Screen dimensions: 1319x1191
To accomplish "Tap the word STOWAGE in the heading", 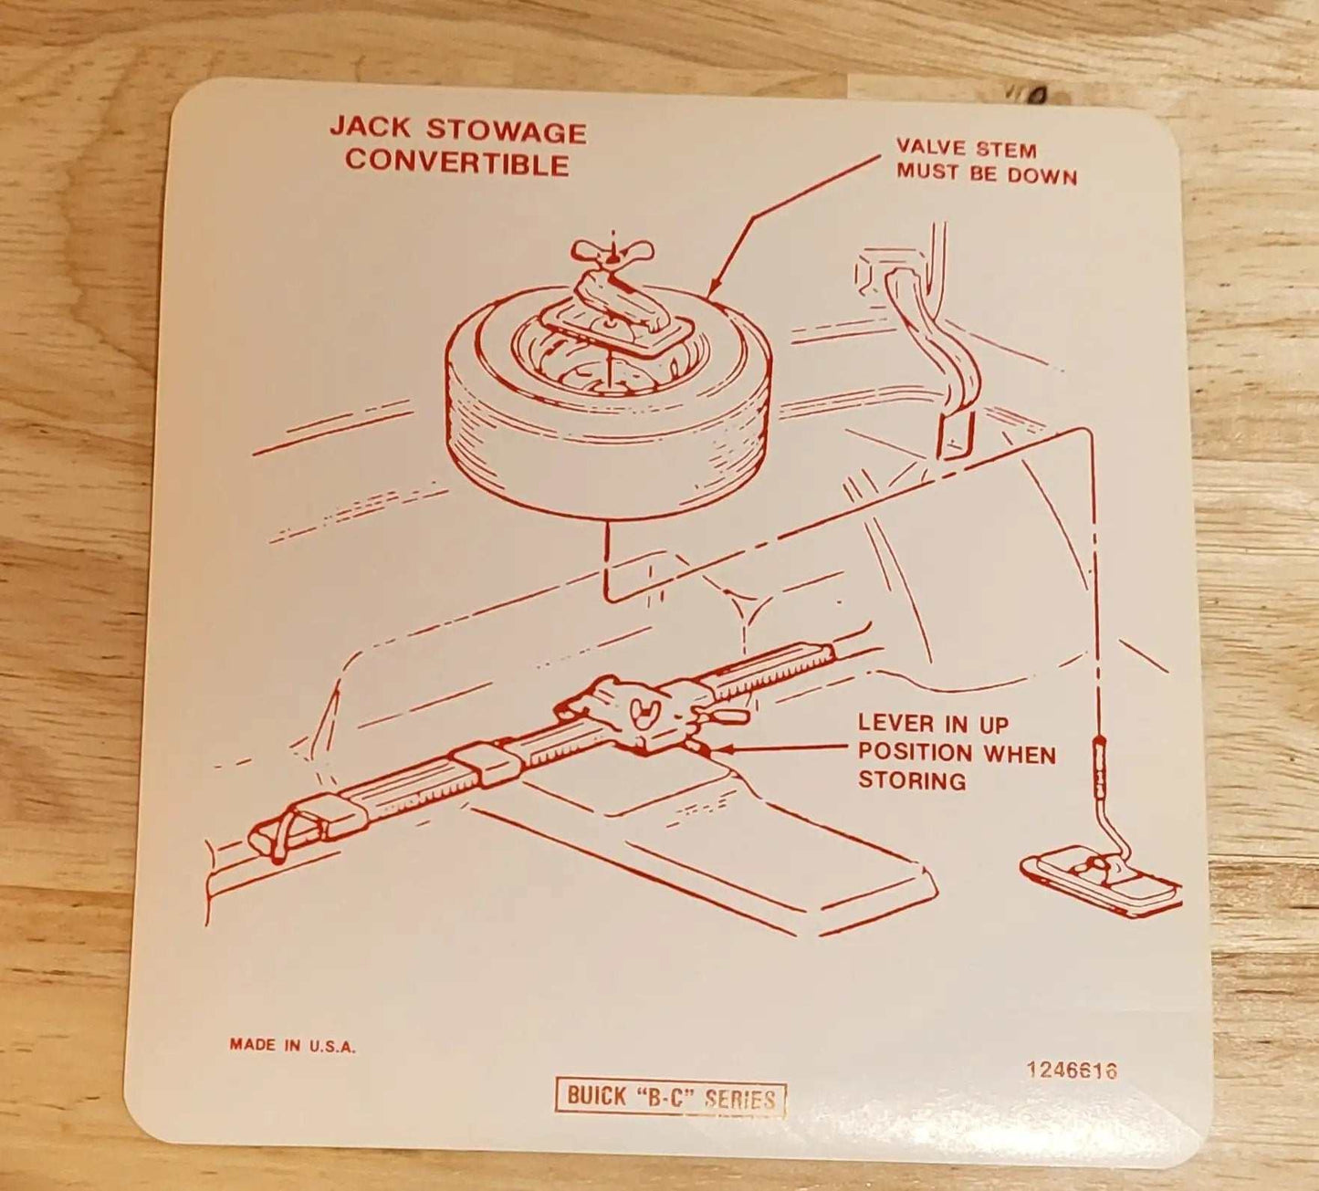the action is (x=507, y=131).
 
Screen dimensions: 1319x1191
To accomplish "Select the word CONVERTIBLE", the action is (x=457, y=162).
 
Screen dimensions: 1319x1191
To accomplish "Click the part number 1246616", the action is (x=1072, y=1071).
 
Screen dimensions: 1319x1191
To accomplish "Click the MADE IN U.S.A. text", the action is (x=293, y=1045).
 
